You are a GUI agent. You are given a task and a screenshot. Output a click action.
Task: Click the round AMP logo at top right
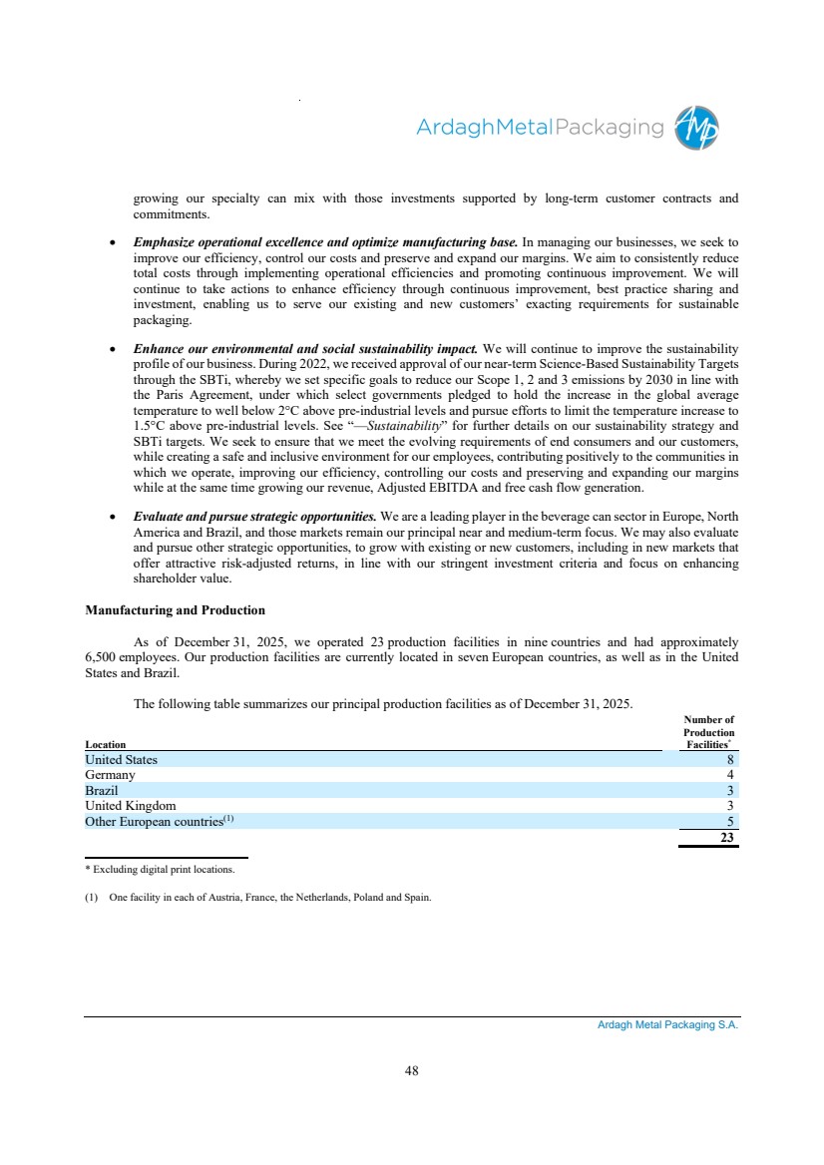(696, 128)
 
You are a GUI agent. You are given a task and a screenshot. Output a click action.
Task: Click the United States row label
(121, 760)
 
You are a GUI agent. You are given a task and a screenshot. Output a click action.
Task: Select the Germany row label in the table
(110, 775)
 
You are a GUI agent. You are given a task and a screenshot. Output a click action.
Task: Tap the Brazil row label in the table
(102, 790)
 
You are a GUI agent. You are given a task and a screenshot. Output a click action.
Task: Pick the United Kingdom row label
(130, 806)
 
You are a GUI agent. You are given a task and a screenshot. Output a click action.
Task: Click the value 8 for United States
(731, 760)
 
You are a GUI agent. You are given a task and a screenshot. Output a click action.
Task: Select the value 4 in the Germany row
(731, 775)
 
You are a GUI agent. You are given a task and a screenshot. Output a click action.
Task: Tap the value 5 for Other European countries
(731, 821)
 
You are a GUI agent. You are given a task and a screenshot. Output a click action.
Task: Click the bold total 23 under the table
(728, 838)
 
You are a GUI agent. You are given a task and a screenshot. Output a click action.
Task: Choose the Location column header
(105, 744)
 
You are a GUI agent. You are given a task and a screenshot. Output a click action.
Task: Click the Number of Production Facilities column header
(708, 732)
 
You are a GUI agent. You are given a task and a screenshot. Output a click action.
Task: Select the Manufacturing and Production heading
(175, 609)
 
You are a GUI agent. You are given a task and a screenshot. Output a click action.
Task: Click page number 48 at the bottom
(411, 1071)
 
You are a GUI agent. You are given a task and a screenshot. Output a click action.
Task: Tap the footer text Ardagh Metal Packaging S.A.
(660, 1025)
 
